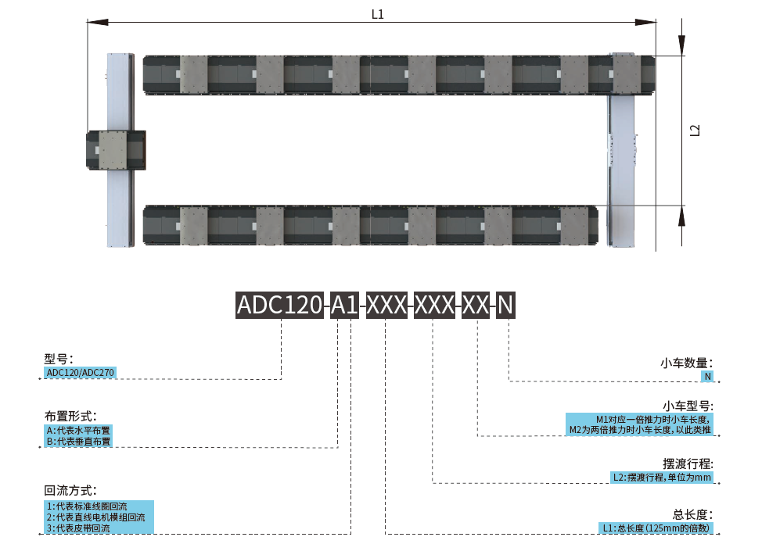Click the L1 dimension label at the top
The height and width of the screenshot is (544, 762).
[x=377, y=14]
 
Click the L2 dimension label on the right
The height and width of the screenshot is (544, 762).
[x=695, y=131]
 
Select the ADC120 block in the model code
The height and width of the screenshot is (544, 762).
[x=280, y=305]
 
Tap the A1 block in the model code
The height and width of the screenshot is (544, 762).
[x=344, y=305]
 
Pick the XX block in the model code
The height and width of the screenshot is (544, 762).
[x=476, y=305]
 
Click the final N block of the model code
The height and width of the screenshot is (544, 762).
[x=505, y=305]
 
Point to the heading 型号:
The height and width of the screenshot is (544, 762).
[x=59, y=359]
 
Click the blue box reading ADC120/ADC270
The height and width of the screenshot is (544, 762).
[x=81, y=373]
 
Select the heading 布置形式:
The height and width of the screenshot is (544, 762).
[x=70, y=416]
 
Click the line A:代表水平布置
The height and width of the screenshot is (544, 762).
[x=78, y=430]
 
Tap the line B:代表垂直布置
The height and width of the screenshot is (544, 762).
[x=78, y=442]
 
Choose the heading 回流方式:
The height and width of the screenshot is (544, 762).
[x=70, y=491]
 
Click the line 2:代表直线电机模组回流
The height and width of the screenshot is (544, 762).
[x=95, y=517]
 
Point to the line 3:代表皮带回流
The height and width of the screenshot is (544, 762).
[x=78, y=528]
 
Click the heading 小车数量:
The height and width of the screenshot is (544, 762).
[x=686, y=363]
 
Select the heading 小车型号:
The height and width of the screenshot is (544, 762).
[x=686, y=406]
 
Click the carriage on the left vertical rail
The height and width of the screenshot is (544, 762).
[x=115, y=150]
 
